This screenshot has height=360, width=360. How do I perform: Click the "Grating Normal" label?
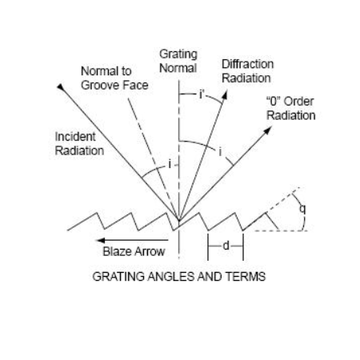point(178,61)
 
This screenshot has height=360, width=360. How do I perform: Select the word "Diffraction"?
point(248,64)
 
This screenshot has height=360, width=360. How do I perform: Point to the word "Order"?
point(298,102)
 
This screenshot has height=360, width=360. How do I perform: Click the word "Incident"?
point(75,137)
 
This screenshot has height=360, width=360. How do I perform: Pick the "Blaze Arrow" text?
point(134,251)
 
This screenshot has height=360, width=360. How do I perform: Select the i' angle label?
point(202,94)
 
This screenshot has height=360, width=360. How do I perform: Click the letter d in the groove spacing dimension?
point(226,246)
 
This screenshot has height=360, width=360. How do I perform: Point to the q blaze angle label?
point(302,209)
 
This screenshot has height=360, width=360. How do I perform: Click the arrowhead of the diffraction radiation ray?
point(225,94)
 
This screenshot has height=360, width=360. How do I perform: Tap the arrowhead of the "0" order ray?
point(268,130)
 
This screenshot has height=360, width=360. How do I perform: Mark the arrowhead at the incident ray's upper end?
point(61,87)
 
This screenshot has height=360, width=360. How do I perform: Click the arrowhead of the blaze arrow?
point(101,240)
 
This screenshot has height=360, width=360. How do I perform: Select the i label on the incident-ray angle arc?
point(170,164)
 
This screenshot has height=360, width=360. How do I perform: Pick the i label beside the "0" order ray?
point(220,152)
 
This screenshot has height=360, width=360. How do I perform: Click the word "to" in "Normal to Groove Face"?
point(126,71)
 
